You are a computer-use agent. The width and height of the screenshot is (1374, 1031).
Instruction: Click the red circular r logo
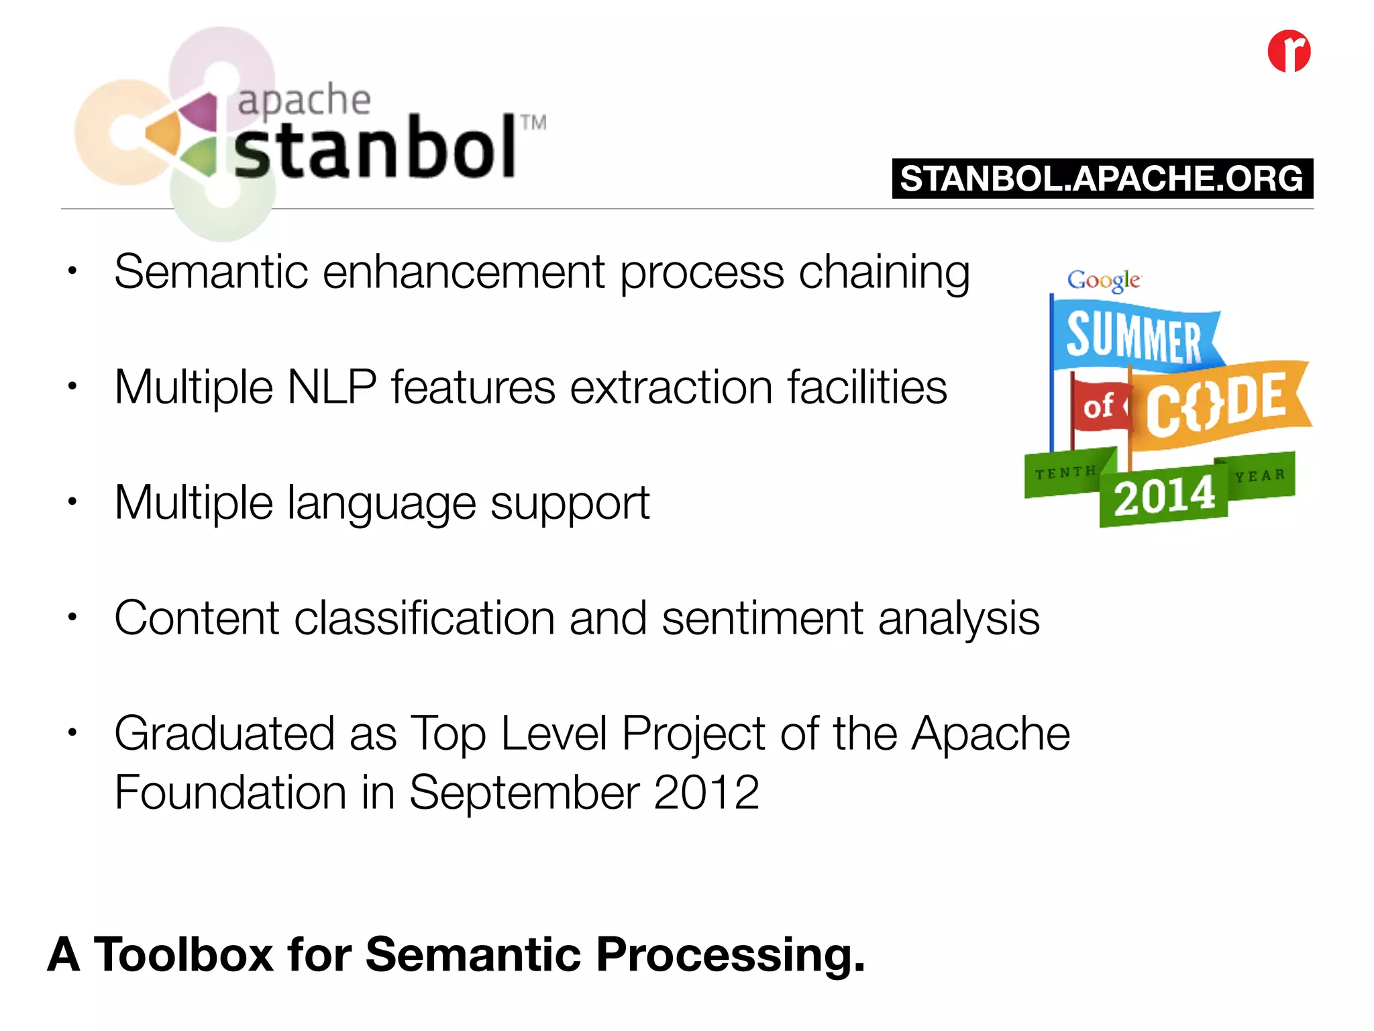click(1289, 51)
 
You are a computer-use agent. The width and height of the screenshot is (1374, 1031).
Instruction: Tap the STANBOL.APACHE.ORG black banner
click(1102, 179)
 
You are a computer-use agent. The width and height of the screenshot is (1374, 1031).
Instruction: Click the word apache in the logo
click(304, 101)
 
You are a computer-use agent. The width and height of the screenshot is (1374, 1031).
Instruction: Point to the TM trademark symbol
click(533, 123)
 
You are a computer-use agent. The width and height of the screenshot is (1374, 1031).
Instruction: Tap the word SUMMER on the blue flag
click(1134, 338)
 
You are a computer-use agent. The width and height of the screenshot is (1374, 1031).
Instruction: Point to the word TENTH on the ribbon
click(1065, 473)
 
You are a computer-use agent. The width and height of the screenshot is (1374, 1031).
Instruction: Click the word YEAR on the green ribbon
click(1260, 476)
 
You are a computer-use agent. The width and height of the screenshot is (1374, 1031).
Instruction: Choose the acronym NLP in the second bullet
click(331, 387)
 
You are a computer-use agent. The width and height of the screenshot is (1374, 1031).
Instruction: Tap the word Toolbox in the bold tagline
click(183, 954)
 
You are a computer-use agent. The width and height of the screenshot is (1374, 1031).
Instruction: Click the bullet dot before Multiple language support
click(72, 501)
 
